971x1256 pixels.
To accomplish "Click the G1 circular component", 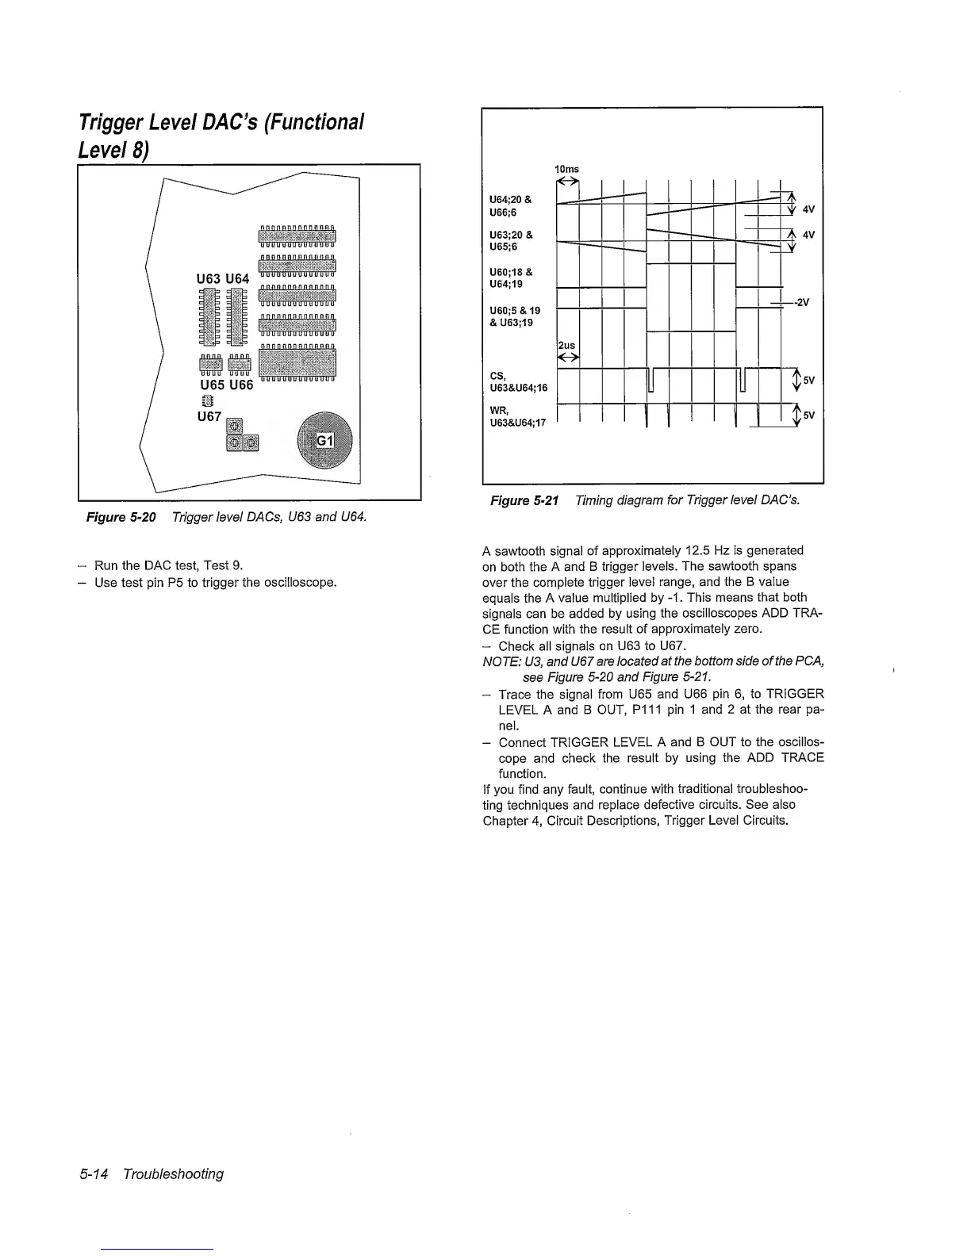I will click(324, 442).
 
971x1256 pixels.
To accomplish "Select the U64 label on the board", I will click(237, 278).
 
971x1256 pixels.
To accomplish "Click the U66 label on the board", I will click(240, 385).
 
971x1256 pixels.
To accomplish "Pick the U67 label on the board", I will click(209, 415).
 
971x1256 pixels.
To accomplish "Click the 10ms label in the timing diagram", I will click(566, 169).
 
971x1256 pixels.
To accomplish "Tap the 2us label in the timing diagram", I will click(566, 346).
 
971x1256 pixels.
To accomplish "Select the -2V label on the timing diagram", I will click(802, 302).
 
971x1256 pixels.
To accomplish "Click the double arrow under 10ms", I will click(568, 182).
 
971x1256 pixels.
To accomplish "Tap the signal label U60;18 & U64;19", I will click(512, 278).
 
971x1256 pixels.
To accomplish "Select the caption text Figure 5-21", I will click(524, 500).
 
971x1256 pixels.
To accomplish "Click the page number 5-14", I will click(97, 1174).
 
